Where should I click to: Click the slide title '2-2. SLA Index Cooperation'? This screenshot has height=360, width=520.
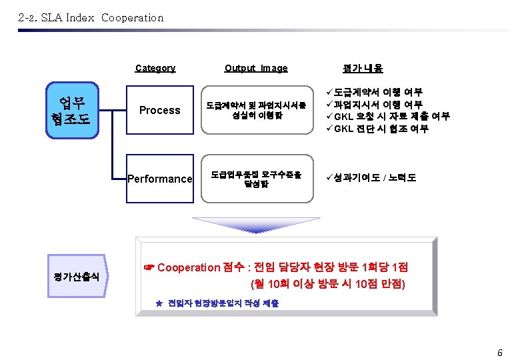point(91,18)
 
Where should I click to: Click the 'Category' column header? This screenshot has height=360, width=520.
point(155,68)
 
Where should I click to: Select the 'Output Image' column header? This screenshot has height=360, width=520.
point(256,68)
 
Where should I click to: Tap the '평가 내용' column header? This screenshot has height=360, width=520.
point(362,68)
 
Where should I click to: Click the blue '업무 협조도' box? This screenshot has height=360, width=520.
point(73,110)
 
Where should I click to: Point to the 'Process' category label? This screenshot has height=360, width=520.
point(159,110)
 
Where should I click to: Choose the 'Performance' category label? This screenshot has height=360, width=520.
point(160,179)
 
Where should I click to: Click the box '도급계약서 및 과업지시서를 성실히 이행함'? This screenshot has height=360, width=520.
point(256,110)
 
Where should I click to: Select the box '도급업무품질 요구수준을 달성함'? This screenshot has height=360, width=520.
point(256,179)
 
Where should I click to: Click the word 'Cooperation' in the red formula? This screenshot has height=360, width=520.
point(189,267)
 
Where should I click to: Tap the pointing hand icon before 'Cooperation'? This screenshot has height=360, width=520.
point(149,267)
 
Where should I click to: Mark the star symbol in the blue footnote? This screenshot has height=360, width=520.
point(159,303)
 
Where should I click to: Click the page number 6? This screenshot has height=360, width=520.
point(499,352)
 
